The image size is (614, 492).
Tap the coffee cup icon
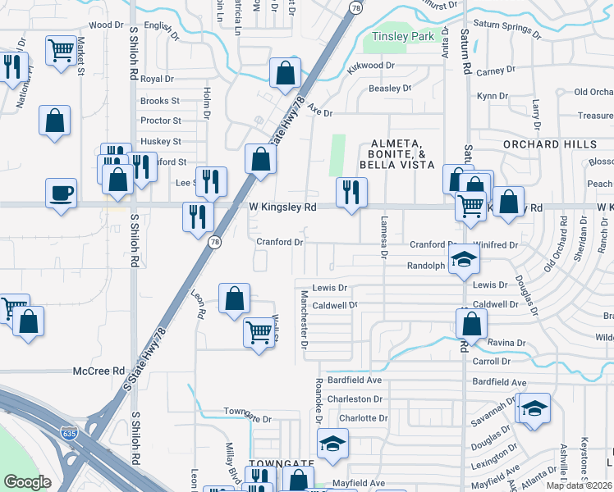[x=61, y=194]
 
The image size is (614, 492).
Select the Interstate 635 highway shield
[x=74, y=431]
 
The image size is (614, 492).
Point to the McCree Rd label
[x=98, y=371]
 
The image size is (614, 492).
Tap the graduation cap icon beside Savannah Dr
[x=534, y=408]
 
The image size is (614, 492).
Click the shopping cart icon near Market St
[x=61, y=51]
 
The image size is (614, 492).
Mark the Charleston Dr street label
[x=355, y=399]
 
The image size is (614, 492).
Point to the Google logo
[x=28, y=482]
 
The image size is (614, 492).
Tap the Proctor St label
[x=160, y=121]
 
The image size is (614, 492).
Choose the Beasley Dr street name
[x=389, y=89]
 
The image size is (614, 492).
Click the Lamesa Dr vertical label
[x=383, y=236]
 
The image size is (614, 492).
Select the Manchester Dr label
[x=304, y=321]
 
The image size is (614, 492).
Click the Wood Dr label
[x=106, y=25]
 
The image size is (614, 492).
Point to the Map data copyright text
[x=580, y=485]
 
